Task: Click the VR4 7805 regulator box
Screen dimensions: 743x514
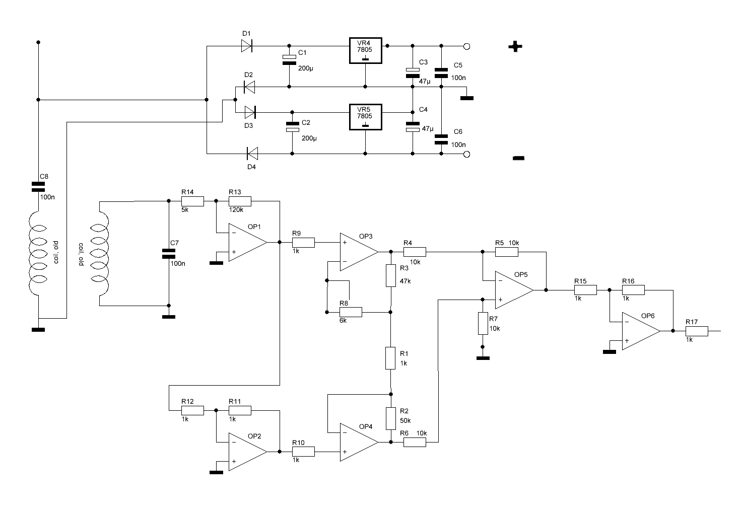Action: coord(366,50)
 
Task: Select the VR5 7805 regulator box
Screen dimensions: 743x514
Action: coord(366,117)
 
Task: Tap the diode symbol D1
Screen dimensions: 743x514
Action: coord(246,46)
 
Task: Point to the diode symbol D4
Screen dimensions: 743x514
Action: coord(252,154)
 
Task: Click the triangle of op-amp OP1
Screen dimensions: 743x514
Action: coord(247,242)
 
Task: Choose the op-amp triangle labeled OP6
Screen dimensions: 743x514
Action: coord(641,331)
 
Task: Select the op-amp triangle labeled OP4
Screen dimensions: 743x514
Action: coord(359,442)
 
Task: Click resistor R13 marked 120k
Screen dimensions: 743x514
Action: coord(240,201)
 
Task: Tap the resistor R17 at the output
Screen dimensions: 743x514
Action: coord(697,331)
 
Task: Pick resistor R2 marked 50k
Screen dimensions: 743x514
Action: coord(391,418)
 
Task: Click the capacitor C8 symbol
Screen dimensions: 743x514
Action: coord(38,187)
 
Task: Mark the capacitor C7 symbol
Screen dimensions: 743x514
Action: coord(169,254)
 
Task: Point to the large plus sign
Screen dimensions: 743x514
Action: coord(515,46)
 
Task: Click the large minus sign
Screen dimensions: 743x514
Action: coord(518,158)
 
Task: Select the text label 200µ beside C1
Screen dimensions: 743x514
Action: coord(305,68)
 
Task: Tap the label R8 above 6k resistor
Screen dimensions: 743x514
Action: coord(344,303)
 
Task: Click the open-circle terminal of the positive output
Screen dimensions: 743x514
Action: coord(466,46)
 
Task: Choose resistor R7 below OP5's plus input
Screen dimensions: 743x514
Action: coord(483,323)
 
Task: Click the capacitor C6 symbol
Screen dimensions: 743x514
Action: coord(441,139)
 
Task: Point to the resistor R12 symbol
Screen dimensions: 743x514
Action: coord(192,411)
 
